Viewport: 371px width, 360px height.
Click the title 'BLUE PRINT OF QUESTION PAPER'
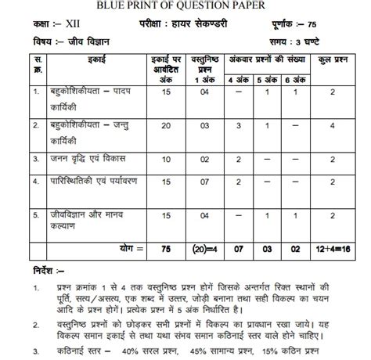[185, 6]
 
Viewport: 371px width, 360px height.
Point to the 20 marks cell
[164, 125]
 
